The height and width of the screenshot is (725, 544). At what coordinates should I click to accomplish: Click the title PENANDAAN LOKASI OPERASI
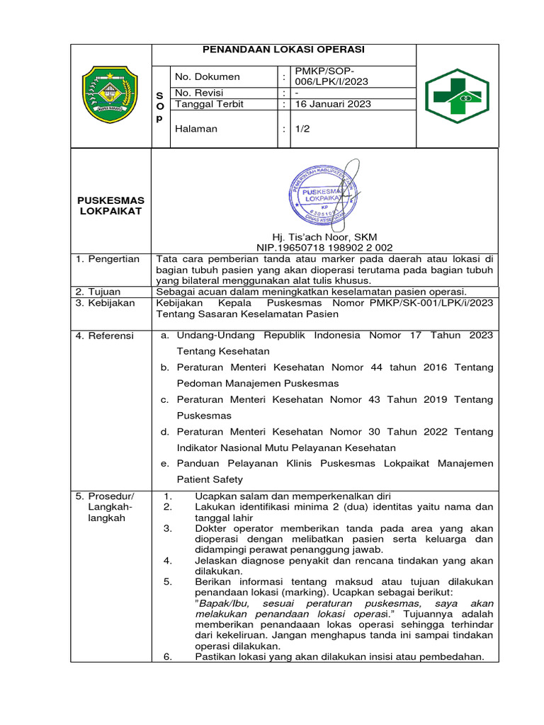(x=283, y=50)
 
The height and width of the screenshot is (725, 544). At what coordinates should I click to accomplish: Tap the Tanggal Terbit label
(x=209, y=104)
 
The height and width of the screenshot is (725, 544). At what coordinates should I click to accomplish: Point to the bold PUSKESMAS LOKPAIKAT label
(x=110, y=205)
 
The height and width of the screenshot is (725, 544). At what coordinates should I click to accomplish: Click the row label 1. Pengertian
(x=108, y=259)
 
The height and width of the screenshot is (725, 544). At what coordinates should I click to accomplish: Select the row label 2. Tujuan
(x=98, y=292)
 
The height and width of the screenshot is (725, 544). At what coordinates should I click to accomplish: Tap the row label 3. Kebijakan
(x=105, y=302)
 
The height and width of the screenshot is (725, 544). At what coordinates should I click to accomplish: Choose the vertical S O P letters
(x=159, y=106)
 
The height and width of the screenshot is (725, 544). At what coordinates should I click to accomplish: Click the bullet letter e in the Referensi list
(x=164, y=463)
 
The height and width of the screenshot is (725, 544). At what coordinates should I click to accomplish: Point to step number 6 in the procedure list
(x=168, y=656)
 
